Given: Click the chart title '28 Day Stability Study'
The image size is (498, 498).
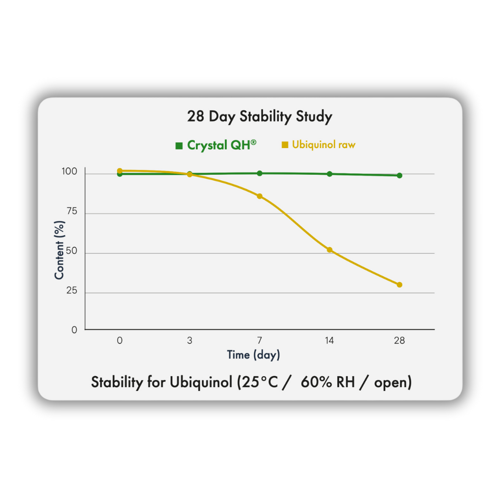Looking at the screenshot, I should tap(259, 117).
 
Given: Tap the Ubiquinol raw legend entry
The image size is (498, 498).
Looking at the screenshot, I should tap(324, 145).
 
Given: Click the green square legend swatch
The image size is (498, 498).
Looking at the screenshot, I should tap(179, 146).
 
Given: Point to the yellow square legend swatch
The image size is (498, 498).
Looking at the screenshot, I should tap(285, 145).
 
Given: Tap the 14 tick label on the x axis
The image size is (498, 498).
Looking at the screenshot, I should tap(329, 341).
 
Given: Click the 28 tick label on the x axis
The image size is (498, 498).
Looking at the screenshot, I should tap(399, 341).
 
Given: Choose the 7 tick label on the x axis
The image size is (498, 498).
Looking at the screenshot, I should tap(260, 341).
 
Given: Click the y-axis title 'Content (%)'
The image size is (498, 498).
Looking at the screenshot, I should tap(59, 249).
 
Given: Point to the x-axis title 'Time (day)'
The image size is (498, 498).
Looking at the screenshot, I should tap(253, 355).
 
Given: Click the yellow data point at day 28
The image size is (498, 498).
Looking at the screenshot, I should tap(399, 285).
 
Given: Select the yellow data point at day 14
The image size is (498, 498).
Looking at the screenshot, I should tap(329, 250).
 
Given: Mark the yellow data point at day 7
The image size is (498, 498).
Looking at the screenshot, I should tap(260, 196).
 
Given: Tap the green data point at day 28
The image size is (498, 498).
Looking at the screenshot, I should tap(399, 175).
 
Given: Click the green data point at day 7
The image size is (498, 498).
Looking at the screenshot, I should tap(260, 173).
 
